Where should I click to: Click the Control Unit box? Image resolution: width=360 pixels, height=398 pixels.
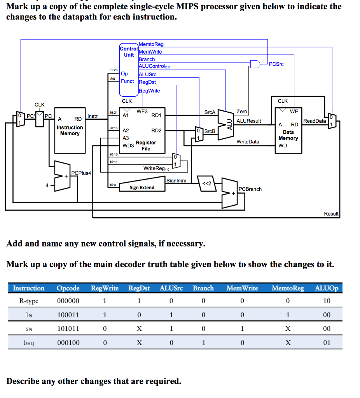(x=129, y=70)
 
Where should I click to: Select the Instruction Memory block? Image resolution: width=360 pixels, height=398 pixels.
(x=70, y=131)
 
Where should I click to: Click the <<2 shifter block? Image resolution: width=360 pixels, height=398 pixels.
(x=207, y=183)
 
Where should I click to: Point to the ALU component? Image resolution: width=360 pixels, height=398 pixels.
(x=226, y=125)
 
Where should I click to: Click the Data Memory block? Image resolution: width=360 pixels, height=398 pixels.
(x=288, y=131)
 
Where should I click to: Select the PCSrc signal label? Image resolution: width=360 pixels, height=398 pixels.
(x=276, y=64)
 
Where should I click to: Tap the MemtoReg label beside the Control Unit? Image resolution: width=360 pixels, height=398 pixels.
(x=151, y=44)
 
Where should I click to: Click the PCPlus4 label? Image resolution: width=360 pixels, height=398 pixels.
(x=81, y=173)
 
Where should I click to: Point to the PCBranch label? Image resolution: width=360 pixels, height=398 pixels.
(x=250, y=189)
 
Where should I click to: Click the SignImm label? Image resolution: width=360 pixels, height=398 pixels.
(x=176, y=181)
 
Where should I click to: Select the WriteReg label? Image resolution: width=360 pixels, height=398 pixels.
(x=156, y=169)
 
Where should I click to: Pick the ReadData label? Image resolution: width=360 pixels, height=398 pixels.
(x=315, y=121)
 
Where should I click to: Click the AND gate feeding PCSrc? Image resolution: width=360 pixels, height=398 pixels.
(x=255, y=64)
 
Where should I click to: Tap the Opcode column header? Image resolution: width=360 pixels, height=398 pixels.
(x=68, y=288)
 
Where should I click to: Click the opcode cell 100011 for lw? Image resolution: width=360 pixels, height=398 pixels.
(x=68, y=315)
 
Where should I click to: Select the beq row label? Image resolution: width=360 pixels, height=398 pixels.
(x=29, y=343)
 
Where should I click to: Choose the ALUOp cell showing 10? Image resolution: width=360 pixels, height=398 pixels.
(x=327, y=301)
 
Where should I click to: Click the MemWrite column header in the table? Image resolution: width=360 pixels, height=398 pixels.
(x=242, y=288)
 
